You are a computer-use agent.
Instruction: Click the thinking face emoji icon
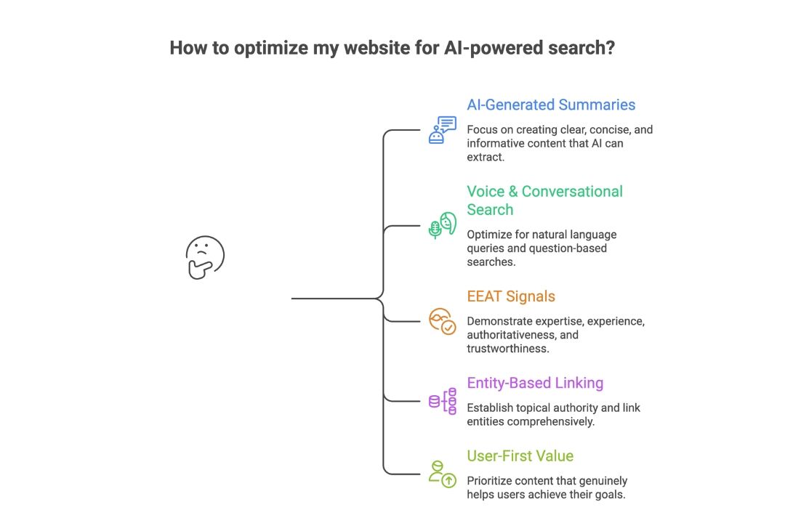(204, 257)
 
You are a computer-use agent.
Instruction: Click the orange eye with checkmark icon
(442, 321)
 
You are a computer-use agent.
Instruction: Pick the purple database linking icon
(442, 401)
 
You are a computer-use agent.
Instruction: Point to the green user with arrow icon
(442, 473)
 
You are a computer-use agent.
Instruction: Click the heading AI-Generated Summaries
(551, 105)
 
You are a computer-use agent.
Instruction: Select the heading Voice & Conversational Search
(544, 200)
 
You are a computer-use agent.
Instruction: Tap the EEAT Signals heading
(511, 296)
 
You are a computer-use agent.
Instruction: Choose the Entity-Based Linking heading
(535, 383)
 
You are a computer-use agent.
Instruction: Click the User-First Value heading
(520, 456)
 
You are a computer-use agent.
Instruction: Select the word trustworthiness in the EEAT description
(506, 349)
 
